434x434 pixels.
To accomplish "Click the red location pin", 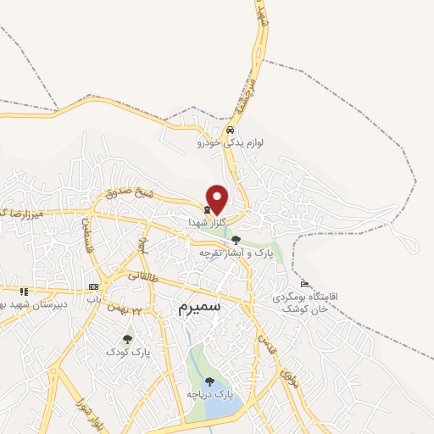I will [x=218, y=199].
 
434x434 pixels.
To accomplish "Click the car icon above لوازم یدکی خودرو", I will [x=231, y=131].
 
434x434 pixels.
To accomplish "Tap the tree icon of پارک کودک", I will [x=127, y=339].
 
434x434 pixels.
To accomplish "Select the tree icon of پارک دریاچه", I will [x=209, y=381].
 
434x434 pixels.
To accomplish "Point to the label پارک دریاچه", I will [x=209, y=395].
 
